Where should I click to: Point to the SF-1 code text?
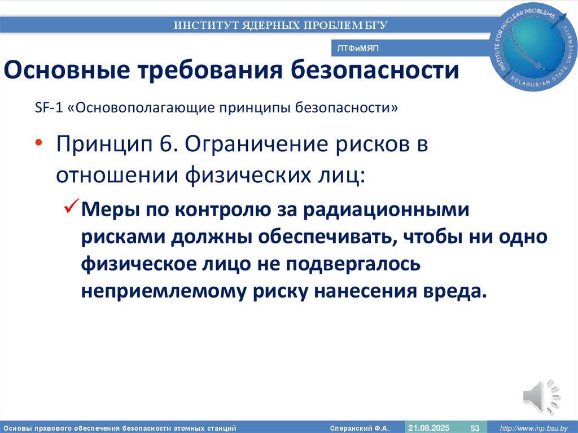point(47,108)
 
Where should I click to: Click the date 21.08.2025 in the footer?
point(429,428)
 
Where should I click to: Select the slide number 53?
point(475,428)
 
